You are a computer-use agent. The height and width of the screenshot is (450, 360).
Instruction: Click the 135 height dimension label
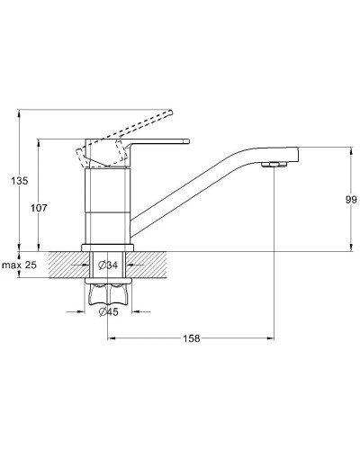point(20,181)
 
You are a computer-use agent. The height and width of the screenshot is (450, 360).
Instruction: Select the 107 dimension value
point(39,208)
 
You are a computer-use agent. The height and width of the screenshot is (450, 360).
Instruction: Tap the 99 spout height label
point(351,200)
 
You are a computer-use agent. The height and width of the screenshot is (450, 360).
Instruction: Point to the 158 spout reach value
point(192,338)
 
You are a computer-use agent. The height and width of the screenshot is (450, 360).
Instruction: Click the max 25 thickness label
point(20,265)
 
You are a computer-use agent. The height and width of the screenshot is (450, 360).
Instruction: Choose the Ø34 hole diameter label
point(108,265)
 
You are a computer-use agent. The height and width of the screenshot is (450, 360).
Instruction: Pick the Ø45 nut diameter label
point(108,312)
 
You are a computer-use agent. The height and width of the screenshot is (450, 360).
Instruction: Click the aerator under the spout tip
point(274,164)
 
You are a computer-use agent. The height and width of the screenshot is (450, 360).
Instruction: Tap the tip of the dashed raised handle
point(170,112)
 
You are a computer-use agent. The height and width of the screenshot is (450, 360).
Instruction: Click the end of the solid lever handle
point(188,141)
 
